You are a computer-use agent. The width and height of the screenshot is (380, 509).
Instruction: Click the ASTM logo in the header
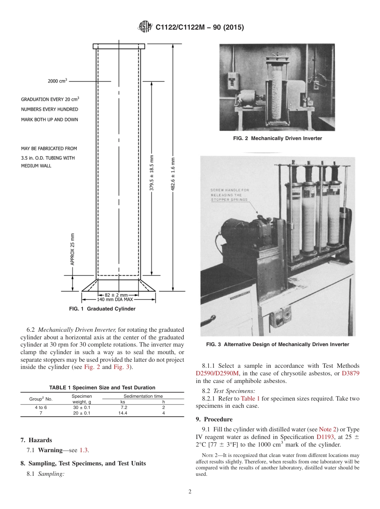145,27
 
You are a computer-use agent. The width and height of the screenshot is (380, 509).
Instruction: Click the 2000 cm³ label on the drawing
57,81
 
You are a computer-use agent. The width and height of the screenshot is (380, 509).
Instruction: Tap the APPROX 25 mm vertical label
72,249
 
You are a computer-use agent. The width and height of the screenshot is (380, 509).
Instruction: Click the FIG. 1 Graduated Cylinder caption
102,309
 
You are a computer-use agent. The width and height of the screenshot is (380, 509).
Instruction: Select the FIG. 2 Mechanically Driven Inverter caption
277,138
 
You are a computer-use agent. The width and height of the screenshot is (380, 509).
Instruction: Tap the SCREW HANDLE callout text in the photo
230,194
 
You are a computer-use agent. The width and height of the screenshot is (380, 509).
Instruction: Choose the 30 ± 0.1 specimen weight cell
82,407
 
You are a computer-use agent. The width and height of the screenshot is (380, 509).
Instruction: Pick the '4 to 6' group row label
41,407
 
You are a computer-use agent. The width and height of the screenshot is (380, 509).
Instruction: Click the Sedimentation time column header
143,396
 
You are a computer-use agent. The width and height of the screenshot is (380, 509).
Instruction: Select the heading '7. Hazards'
36,440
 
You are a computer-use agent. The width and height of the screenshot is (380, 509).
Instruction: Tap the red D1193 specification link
324,437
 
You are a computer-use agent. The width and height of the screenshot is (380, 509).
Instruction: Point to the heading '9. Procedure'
214,419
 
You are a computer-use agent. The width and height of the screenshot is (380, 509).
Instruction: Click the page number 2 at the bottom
190,492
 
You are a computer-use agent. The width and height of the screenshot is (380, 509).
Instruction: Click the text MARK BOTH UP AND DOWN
49,120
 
